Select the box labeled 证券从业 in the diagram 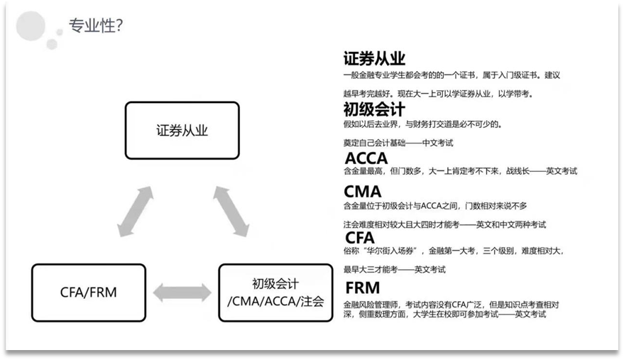[x=182, y=131]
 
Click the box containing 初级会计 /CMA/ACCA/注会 [x=275, y=290]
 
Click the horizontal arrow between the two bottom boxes [x=182, y=291]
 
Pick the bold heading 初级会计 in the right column [x=373, y=109]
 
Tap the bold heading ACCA [x=366, y=158]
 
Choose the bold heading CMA [x=362, y=192]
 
